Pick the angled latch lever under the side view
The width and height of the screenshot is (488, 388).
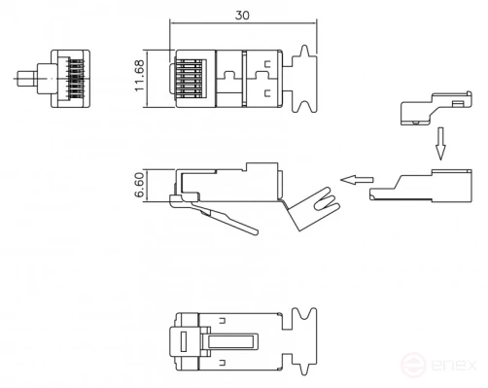219,217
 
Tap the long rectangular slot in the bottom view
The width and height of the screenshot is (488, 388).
234,341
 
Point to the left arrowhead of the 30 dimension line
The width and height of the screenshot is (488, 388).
173,23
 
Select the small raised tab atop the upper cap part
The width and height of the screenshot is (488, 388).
454,101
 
